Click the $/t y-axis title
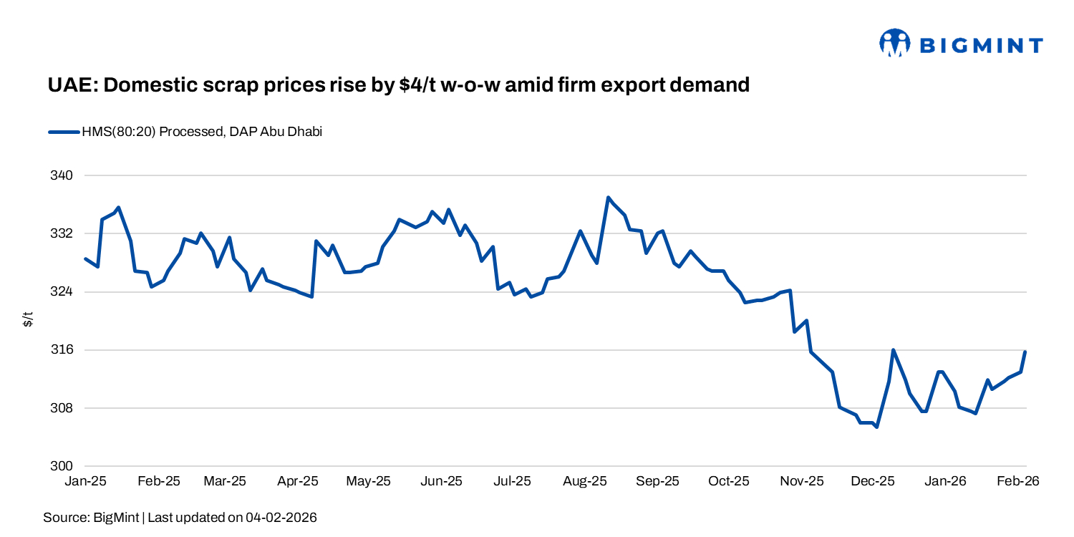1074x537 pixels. tap(28, 320)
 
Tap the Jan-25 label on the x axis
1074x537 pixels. tap(85, 481)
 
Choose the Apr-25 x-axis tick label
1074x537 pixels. tap(298, 481)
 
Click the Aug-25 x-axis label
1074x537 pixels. tap(585, 481)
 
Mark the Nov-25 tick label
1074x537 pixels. tap(802, 481)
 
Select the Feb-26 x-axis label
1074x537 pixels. tap(1017, 481)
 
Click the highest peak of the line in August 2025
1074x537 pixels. tap(608, 197)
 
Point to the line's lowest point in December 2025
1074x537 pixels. tap(876, 427)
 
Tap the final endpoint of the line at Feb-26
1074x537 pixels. tap(1025, 352)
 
